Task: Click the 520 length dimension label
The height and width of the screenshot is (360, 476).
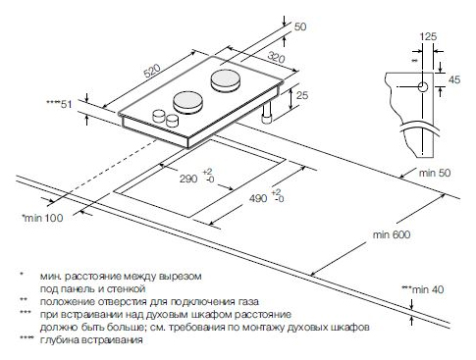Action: pyautogui.click(x=152, y=71)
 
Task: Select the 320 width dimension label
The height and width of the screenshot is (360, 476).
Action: pyautogui.click(x=276, y=57)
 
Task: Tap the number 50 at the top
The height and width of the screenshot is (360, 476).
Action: pyautogui.click(x=300, y=26)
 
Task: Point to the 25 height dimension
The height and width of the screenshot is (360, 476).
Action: pyautogui.click(x=302, y=95)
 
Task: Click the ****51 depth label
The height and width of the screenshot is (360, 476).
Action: pyautogui.click(x=59, y=104)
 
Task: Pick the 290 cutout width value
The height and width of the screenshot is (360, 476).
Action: pyautogui.click(x=188, y=179)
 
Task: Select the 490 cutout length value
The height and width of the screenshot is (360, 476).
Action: pyautogui.click(x=258, y=198)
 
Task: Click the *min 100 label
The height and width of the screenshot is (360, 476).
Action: pyautogui.click(x=42, y=218)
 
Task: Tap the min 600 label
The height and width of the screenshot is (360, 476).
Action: pyautogui.click(x=392, y=234)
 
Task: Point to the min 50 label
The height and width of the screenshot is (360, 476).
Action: pyautogui.click(x=435, y=173)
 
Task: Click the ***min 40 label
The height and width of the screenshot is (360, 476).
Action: pyautogui.click(x=423, y=289)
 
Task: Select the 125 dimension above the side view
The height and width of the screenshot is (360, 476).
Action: pyautogui.click(x=428, y=36)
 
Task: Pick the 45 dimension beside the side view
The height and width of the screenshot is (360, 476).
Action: pyautogui.click(x=454, y=79)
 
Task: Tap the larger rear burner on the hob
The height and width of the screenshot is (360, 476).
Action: pyautogui.click(x=226, y=80)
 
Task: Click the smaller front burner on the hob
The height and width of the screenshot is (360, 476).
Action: pyautogui.click(x=187, y=102)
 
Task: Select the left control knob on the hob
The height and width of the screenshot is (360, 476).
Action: pyautogui.click(x=159, y=116)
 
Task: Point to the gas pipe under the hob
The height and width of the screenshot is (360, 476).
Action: pyautogui.click(x=267, y=113)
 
